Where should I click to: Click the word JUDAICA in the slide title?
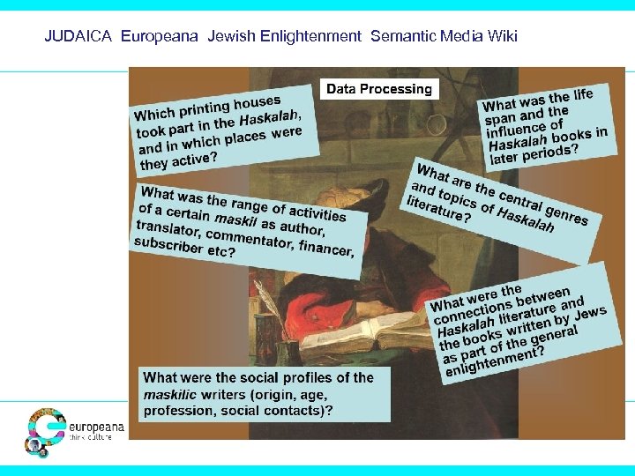[x=79, y=37]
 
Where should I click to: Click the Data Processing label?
[x=379, y=89]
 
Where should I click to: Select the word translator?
[x=167, y=231]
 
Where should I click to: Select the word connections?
[x=464, y=314]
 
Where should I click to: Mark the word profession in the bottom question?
[x=176, y=410]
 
